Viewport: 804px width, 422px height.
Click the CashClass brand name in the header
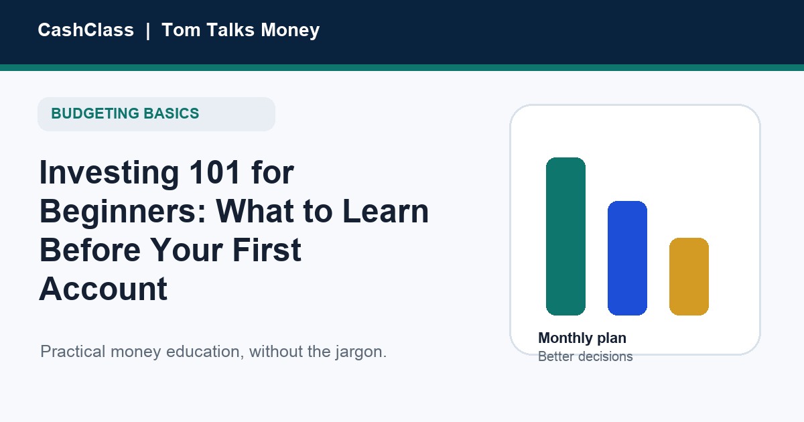coord(86,29)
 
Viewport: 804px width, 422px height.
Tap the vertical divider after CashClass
coord(148,31)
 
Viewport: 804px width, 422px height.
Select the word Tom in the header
coord(181,29)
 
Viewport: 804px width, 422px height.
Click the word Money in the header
coord(290,31)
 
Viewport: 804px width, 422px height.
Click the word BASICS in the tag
coord(172,113)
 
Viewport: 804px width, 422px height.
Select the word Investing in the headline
coord(109,173)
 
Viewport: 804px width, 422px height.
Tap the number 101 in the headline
coord(214,172)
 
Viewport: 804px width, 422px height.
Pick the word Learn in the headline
coord(385,211)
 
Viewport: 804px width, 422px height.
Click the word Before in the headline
coord(90,250)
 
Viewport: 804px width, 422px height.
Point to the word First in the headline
coord(267,250)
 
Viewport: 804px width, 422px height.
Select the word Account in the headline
coord(103,289)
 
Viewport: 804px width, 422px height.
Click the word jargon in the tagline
coord(359,352)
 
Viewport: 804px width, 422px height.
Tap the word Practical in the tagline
coord(73,351)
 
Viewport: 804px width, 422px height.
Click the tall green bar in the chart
coord(565,236)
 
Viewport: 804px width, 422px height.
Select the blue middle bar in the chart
coord(627,259)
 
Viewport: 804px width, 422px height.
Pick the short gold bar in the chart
coord(689,277)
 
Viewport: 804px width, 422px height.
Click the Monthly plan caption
coord(582,338)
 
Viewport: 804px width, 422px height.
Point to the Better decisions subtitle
coord(586,356)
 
